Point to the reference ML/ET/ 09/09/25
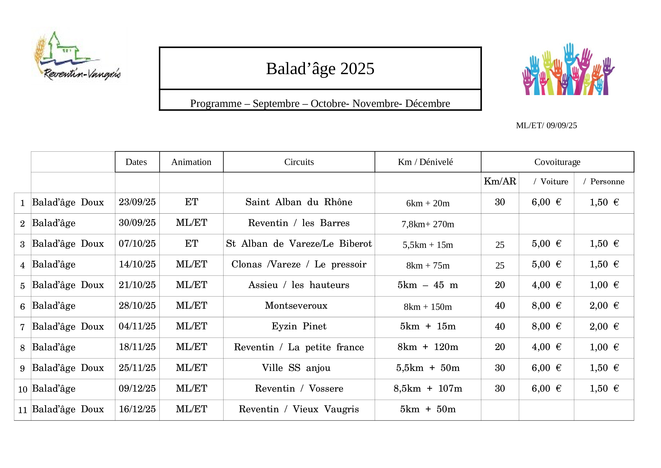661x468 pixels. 546,125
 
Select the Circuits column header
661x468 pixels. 299,162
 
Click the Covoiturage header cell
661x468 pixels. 557,162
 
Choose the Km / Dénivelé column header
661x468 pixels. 425,162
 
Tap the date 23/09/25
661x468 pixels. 137,202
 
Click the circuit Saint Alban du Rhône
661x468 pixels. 299,202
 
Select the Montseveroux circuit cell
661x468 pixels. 296,306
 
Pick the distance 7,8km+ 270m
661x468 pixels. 428,224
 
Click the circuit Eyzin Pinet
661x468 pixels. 299,326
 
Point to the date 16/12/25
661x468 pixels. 137,409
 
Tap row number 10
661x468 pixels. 22,389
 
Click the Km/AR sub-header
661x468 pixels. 500,181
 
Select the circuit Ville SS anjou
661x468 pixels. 296,368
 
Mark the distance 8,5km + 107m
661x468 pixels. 428,388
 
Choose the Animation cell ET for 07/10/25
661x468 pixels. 191,244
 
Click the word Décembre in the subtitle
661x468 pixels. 428,104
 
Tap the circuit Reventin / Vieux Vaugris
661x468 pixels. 299,409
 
